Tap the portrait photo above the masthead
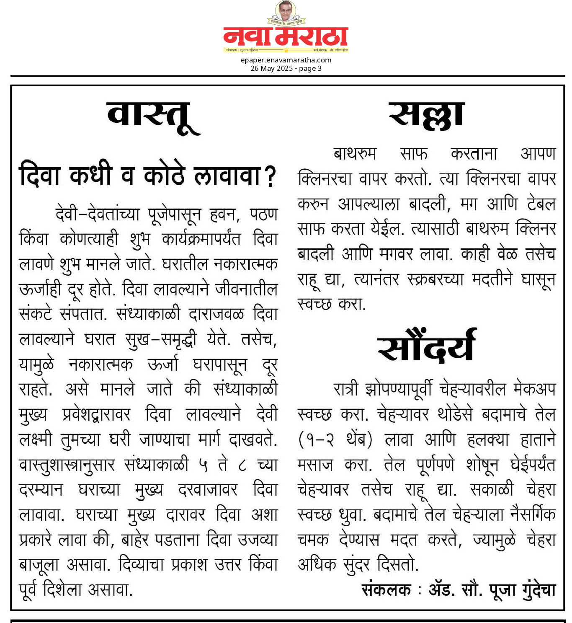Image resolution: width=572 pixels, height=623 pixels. (286, 11)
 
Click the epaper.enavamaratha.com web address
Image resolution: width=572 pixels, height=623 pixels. (286, 60)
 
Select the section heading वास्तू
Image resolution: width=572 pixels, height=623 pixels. (153, 117)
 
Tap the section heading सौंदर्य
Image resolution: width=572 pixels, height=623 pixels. (426, 346)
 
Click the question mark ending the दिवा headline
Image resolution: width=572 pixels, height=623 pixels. (271, 176)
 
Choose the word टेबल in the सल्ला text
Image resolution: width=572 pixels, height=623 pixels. (541, 204)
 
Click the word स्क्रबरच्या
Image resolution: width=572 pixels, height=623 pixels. (435, 279)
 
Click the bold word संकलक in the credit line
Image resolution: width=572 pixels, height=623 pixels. (386, 590)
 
